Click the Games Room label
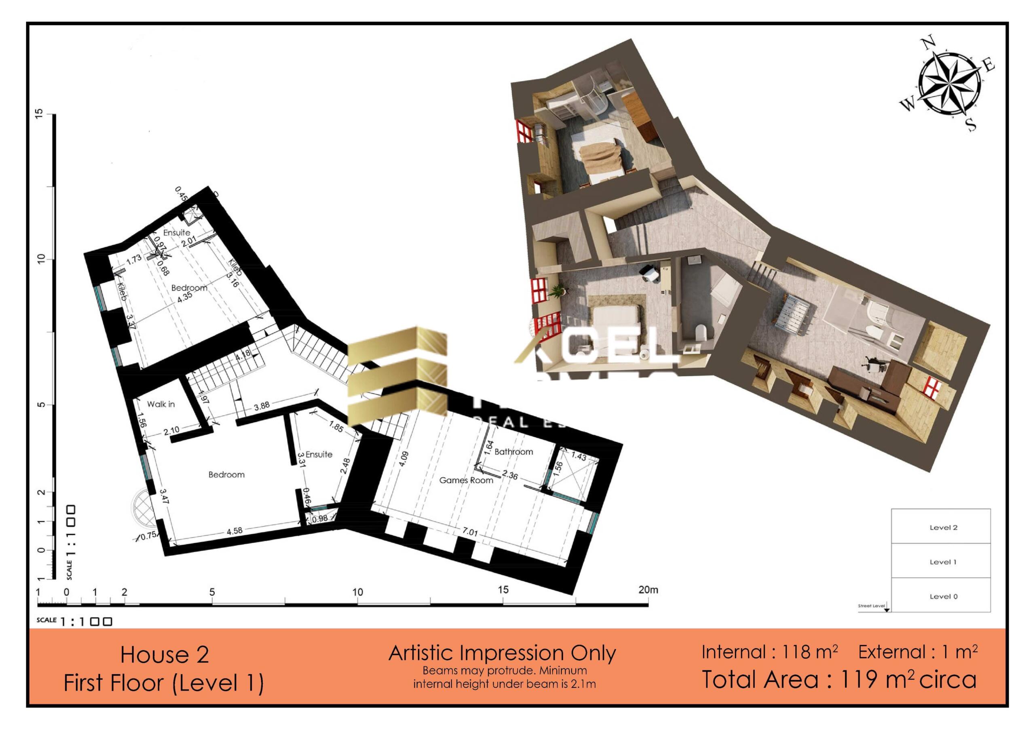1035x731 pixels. point(466,480)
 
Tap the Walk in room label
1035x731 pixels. point(161,404)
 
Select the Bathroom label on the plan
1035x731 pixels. point(513,452)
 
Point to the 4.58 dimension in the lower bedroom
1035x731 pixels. point(234,531)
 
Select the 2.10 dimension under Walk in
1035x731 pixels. point(171,431)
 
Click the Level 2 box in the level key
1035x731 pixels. point(943,528)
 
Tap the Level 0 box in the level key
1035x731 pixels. point(943,596)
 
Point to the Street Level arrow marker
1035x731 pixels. point(886,609)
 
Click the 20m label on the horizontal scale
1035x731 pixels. point(648,590)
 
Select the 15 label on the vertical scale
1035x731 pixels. point(39,114)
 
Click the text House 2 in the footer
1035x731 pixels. point(165,655)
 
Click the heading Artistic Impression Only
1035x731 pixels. point(502,653)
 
